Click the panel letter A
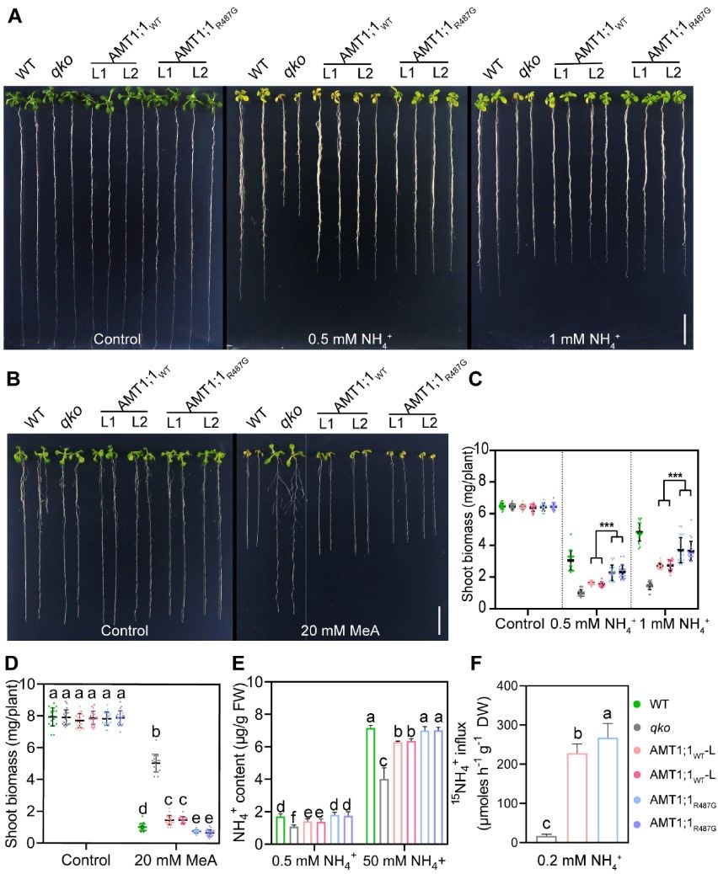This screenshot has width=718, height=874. point(13,16)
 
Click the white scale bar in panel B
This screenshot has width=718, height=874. point(439,622)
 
